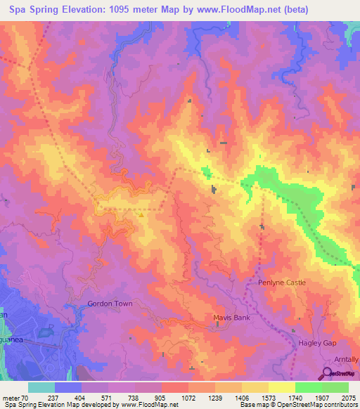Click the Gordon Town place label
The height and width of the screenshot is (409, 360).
point(110,304)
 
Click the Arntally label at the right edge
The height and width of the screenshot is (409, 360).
point(345,359)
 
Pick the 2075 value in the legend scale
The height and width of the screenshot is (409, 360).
point(348,397)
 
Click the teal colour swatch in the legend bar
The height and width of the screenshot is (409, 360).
point(41,387)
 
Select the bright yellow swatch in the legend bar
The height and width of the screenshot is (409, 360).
point(282,387)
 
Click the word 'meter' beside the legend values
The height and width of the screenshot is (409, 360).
point(11,397)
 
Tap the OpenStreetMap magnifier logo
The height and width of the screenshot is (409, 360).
point(328,373)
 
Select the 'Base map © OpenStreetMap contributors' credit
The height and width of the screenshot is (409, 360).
point(298,405)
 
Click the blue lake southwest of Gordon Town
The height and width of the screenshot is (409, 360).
point(46,330)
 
